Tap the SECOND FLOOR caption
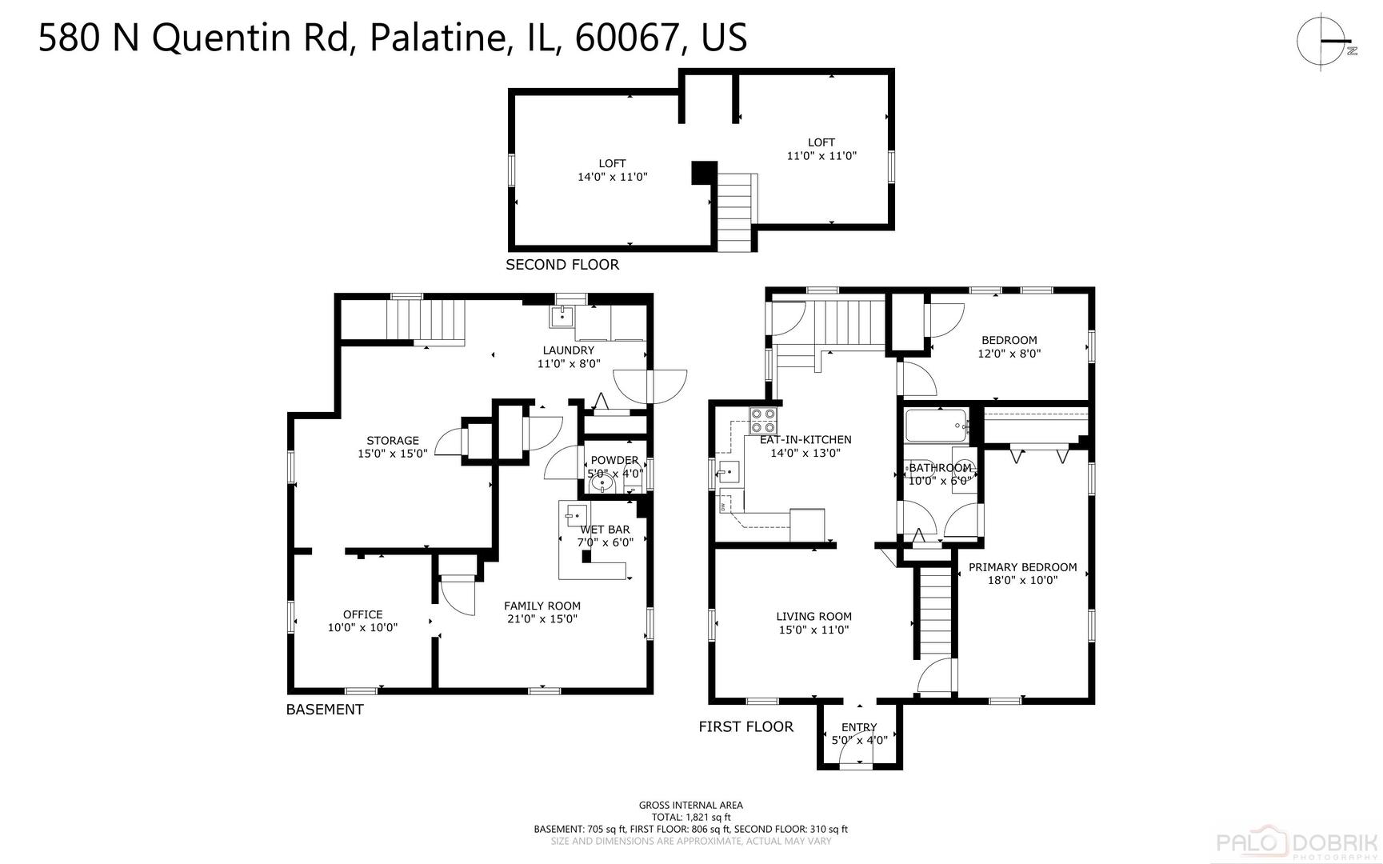point(562,265)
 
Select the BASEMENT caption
point(325,710)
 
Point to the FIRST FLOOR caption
point(746,726)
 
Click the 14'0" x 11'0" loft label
point(613,170)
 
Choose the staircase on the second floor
point(734,212)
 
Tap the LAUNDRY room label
point(569,357)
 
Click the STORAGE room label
point(393,446)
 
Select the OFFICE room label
point(362,621)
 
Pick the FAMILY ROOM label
point(542,612)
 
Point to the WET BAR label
point(605,535)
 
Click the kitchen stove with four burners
point(764,421)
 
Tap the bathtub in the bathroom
point(937,426)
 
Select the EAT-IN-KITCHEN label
point(805,446)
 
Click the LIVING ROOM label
point(813,623)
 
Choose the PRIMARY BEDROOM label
point(1022,574)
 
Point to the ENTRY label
point(859,734)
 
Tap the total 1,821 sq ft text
point(690,817)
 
